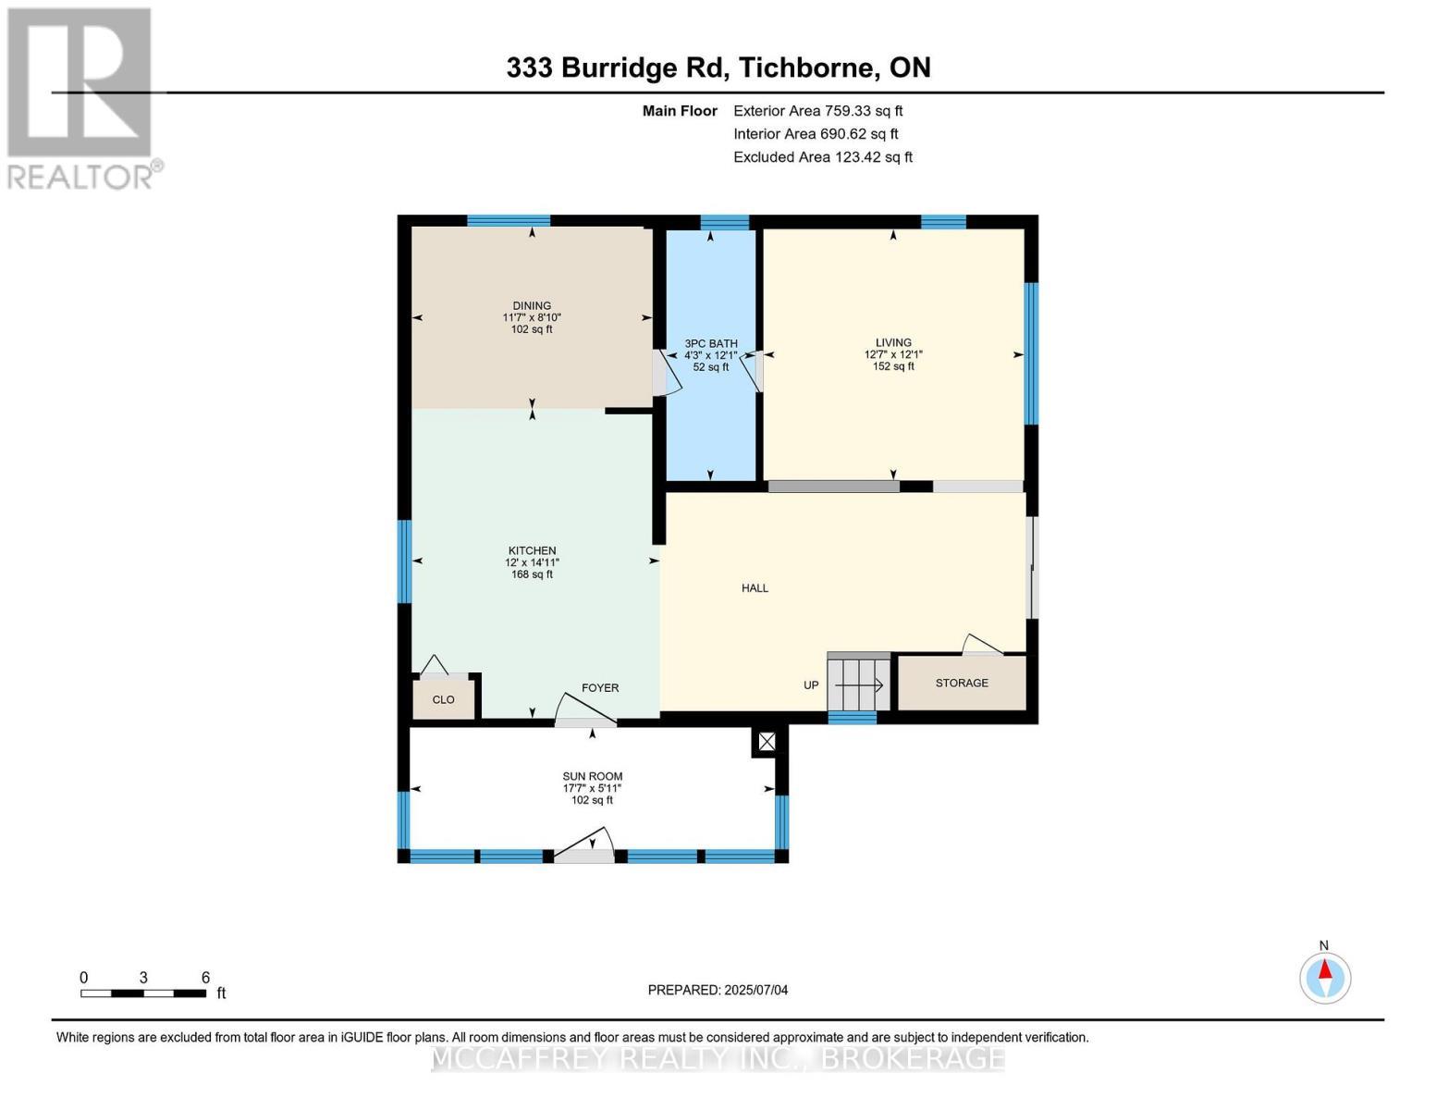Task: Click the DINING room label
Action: coord(532,306)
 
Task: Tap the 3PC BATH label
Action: coord(710,343)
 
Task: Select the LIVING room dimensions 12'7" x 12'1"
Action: coord(893,354)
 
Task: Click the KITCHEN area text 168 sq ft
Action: coord(532,574)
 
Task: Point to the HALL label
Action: coord(755,588)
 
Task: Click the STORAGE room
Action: coord(962,683)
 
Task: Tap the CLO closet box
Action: coord(444,699)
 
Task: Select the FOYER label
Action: coord(600,688)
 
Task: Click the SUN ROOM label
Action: coord(593,776)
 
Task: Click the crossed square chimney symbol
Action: coord(767,741)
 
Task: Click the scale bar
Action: coord(143,993)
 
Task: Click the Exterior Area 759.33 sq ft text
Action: coord(817,111)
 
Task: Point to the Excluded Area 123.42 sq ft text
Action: coord(822,157)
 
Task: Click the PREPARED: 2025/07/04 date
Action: coord(718,990)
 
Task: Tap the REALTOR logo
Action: coord(81,97)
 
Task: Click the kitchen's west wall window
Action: coord(404,561)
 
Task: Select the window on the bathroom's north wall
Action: coord(724,221)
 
